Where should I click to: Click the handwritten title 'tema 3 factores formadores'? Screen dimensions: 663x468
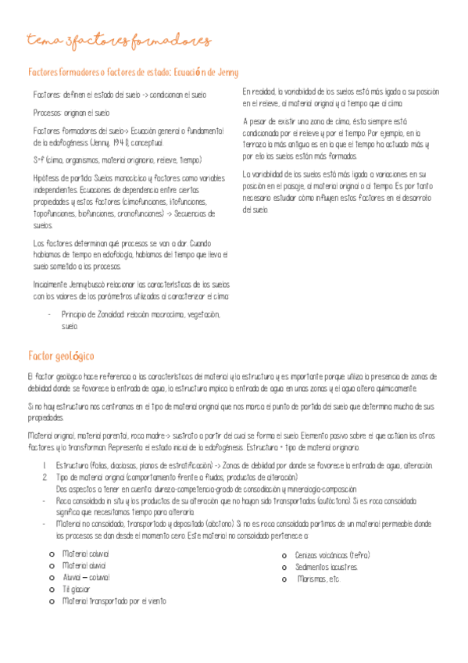118,41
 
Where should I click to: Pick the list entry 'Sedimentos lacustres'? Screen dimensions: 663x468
327,566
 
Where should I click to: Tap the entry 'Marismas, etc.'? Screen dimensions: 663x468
319,579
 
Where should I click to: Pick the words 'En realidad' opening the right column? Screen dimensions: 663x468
258,91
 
